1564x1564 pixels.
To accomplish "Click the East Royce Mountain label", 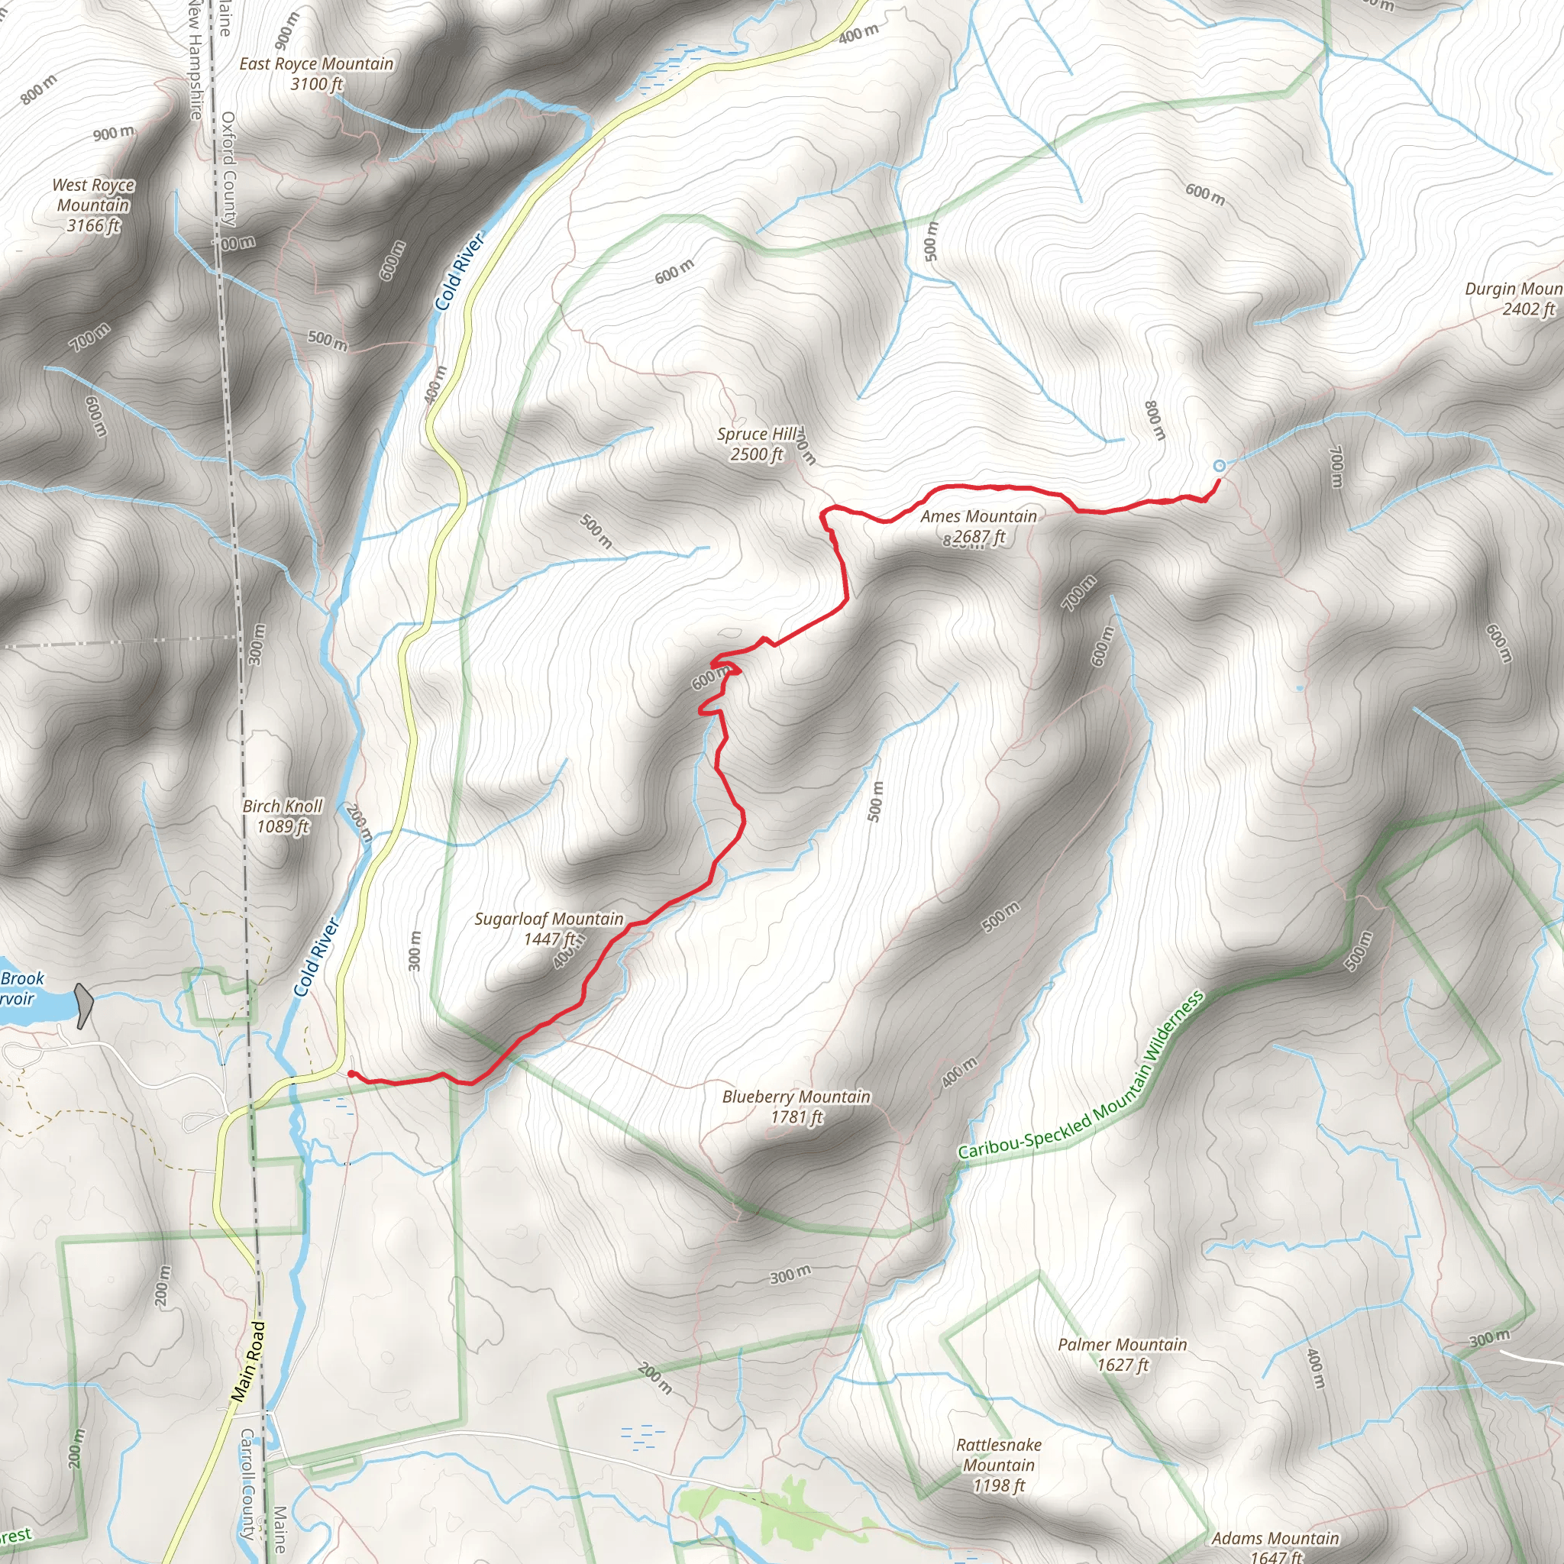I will click(315, 73).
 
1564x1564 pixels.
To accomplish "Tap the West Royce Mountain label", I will click(93, 205).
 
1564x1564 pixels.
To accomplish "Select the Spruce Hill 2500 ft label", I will click(757, 444).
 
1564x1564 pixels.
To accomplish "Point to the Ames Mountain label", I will click(978, 526).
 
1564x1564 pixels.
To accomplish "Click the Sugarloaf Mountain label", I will click(549, 929).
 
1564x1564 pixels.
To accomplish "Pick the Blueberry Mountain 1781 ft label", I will click(797, 1107).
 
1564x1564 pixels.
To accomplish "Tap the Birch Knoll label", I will click(283, 816).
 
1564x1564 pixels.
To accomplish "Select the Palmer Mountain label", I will click(1122, 1354).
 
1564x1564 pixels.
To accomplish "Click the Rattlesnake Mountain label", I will click(999, 1465).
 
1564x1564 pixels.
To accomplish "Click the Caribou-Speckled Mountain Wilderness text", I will click(1081, 1074).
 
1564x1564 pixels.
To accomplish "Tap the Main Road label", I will click(248, 1362).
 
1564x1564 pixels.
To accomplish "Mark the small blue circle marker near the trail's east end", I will click(1220, 466).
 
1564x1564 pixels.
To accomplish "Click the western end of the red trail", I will click(350, 1074).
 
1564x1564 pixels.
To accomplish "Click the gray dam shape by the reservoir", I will click(83, 1006).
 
